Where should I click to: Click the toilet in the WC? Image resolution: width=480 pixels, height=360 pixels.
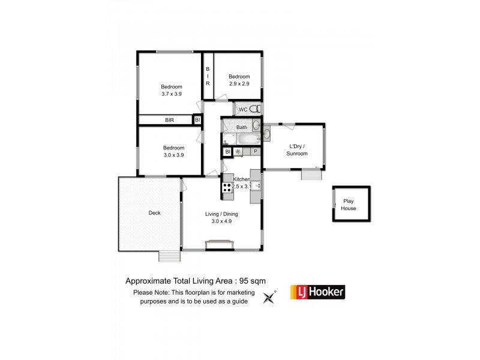(x=255, y=109)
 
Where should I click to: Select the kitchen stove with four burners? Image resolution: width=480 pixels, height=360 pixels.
(x=228, y=190)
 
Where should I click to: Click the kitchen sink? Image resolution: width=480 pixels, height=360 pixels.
(x=256, y=187)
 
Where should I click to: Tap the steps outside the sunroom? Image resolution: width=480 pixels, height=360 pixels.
(x=310, y=175)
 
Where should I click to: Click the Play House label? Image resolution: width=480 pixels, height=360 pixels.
(x=349, y=205)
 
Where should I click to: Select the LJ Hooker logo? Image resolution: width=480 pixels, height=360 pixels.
(x=317, y=292)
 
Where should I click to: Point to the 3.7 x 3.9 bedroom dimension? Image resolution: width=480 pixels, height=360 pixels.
(x=172, y=94)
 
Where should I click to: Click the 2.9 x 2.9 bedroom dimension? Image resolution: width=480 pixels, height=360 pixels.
(x=239, y=83)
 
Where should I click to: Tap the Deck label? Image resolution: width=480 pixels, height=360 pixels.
(x=155, y=213)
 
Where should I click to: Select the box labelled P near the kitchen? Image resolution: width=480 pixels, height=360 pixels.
(x=256, y=152)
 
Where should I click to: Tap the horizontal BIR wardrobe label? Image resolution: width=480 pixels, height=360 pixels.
(x=170, y=121)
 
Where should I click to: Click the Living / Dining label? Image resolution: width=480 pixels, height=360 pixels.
(x=221, y=214)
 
